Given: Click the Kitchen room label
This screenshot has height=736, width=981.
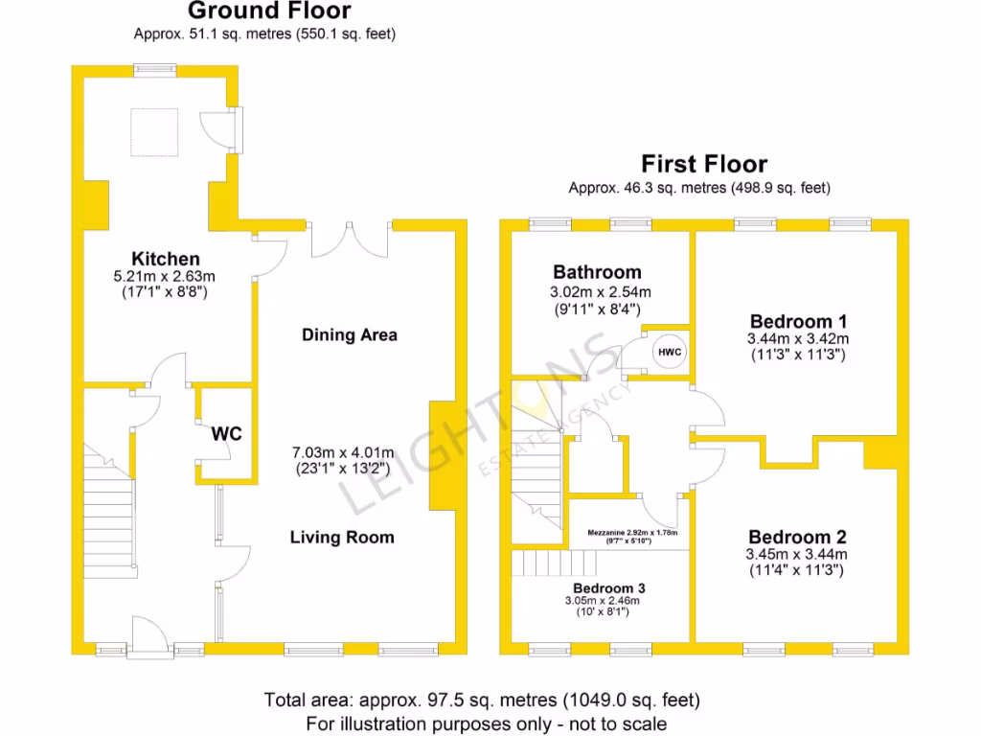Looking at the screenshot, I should point(166,259).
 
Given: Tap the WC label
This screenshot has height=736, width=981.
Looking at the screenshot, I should point(227,433).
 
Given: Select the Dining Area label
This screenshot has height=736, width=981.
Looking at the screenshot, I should point(350,334).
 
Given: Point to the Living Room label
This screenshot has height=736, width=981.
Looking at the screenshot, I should point(342,538).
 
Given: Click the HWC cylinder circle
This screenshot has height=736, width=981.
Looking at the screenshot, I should point(670,353).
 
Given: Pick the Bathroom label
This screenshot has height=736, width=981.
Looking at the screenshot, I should point(597,272).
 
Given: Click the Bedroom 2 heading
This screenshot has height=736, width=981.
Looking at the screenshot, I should point(798,537).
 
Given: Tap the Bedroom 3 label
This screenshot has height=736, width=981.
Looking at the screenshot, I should point(603,587).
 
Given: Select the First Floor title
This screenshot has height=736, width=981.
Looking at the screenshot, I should point(704,164).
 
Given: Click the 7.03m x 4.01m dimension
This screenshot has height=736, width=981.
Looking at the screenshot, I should point(342,451).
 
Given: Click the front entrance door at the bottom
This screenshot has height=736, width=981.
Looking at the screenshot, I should point(148,636).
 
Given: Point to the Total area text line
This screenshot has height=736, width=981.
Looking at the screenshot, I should point(482,700).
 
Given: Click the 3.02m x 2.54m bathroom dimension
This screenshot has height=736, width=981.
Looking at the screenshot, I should point(597,292).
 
